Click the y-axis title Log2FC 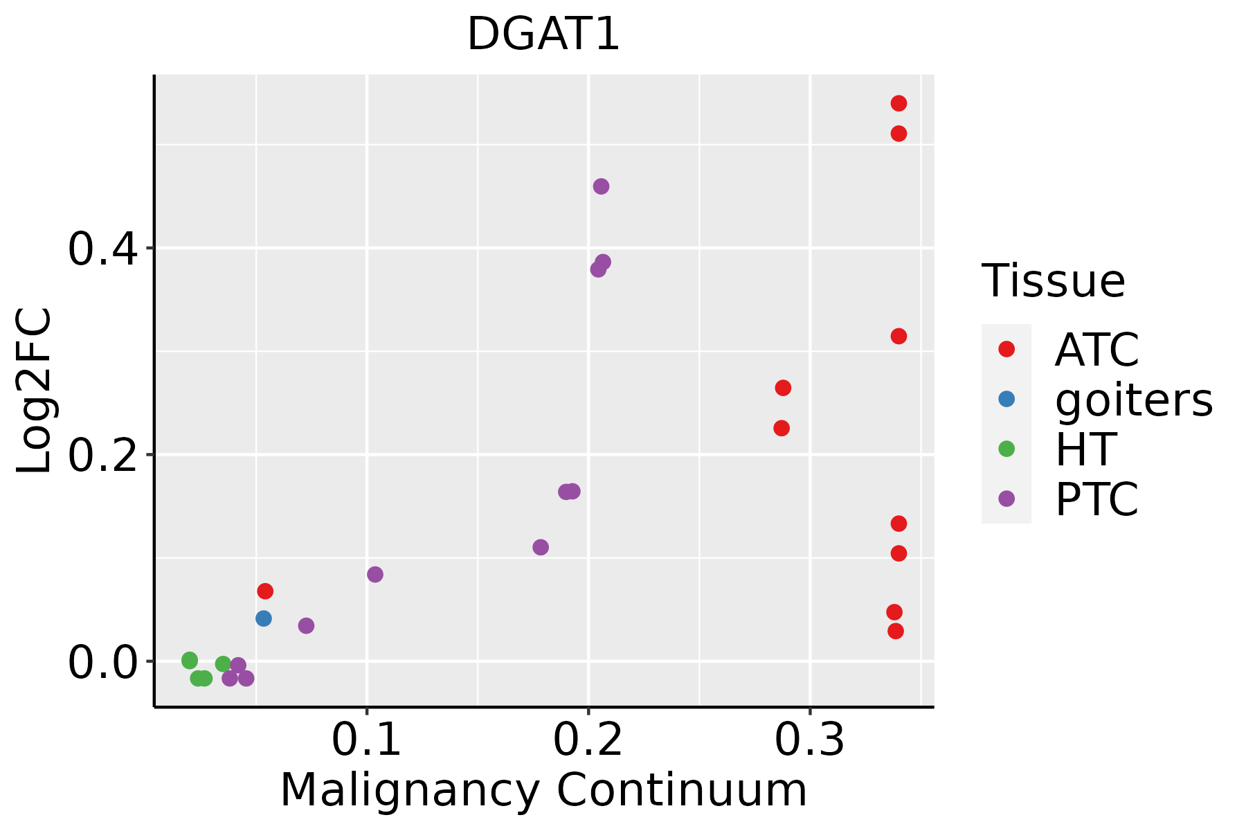(35, 391)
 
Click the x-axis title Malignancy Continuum (543, 790)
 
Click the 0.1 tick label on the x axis (367, 740)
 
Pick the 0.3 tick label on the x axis (809, 740)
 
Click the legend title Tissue (1054, 281)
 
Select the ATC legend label (1096, 350)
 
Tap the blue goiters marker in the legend (1006, 399)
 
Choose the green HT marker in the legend (1006, 449)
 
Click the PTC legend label (1096, 499)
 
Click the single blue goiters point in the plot (264, 618)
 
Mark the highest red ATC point (899, 103)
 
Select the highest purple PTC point (601, 186)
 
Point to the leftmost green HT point (190, 661)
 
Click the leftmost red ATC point (265, 591)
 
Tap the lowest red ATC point (896, 631)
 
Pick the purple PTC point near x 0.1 (375, 574)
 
